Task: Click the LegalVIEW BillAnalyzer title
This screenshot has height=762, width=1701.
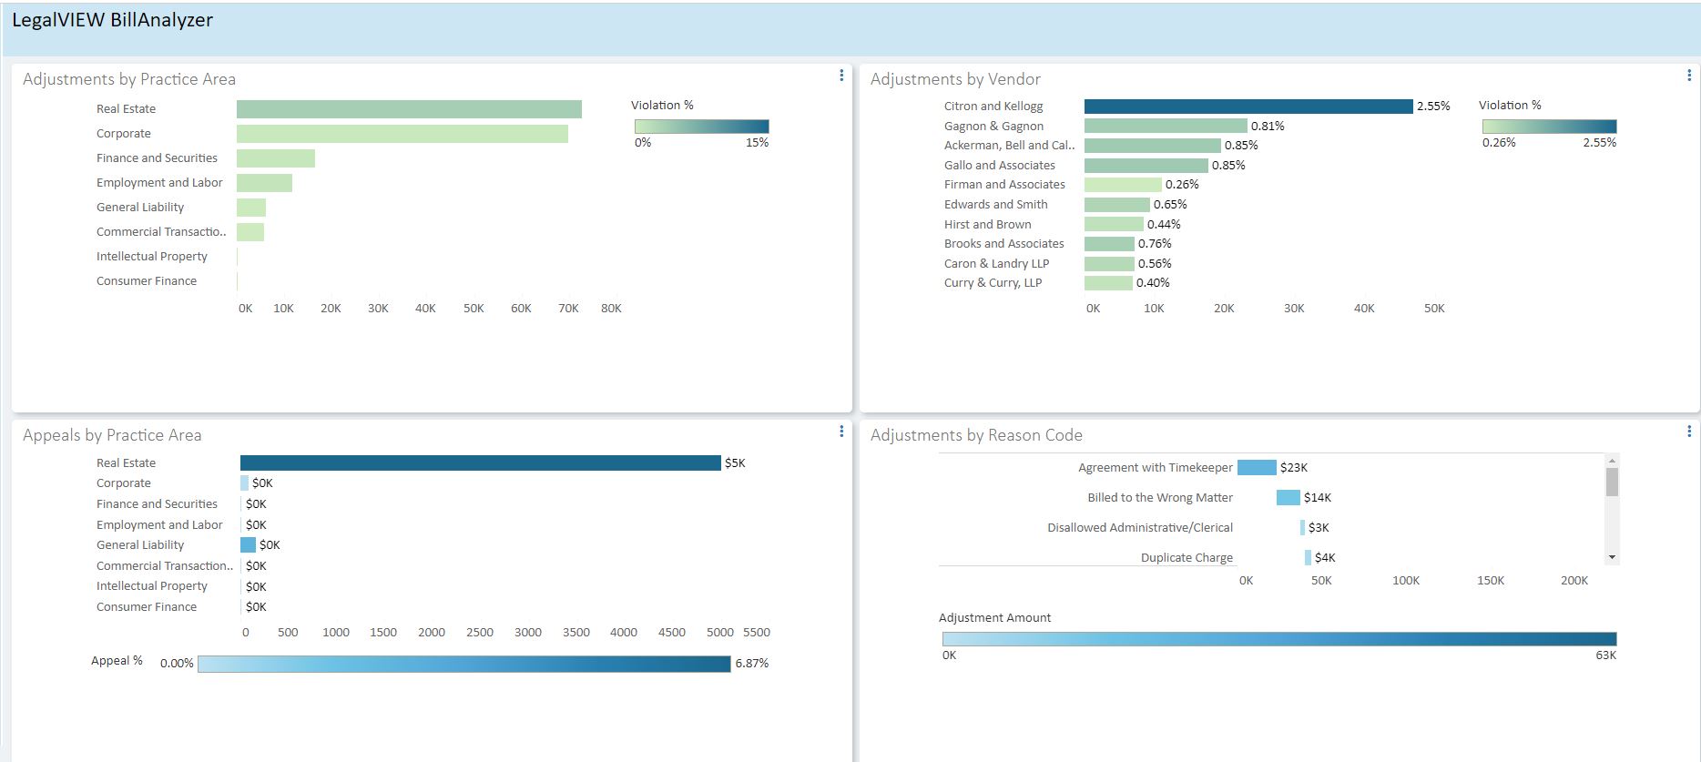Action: click(112, 20)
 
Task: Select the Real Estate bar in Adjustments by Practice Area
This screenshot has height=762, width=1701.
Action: click(409, 109)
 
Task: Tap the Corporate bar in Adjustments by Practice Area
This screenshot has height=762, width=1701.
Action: click(402, 134)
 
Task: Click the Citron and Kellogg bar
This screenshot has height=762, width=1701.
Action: click(1248, 107)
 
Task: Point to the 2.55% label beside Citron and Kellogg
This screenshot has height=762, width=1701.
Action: click(1432, 107)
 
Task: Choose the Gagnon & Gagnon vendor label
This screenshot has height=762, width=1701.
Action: click(993, 127)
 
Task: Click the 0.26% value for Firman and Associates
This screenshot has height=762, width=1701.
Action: click(1182, 185)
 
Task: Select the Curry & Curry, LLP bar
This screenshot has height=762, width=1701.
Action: click(1108, 283)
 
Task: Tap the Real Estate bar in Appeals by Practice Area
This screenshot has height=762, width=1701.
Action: click(480, 463)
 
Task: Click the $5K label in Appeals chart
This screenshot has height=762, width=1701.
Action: click(735, 463)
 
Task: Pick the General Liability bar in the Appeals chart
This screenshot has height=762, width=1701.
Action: click(248, 545)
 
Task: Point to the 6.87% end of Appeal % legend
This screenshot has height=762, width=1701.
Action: click(751, 664)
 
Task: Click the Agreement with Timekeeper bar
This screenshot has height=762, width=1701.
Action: click(1257, 468)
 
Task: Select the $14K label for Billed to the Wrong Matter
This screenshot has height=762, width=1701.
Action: click(1318, 498)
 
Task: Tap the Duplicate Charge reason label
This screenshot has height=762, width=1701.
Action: click(1187, 558)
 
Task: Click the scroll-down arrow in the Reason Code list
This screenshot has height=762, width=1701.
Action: click(1612, 557)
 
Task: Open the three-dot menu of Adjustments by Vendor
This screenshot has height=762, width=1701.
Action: click(1688, 76)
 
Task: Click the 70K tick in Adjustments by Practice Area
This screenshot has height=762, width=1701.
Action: click(568, 309)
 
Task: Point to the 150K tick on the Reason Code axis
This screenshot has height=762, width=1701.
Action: click(1490, 581)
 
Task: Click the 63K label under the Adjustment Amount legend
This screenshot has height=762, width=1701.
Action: click(1605, 655)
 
